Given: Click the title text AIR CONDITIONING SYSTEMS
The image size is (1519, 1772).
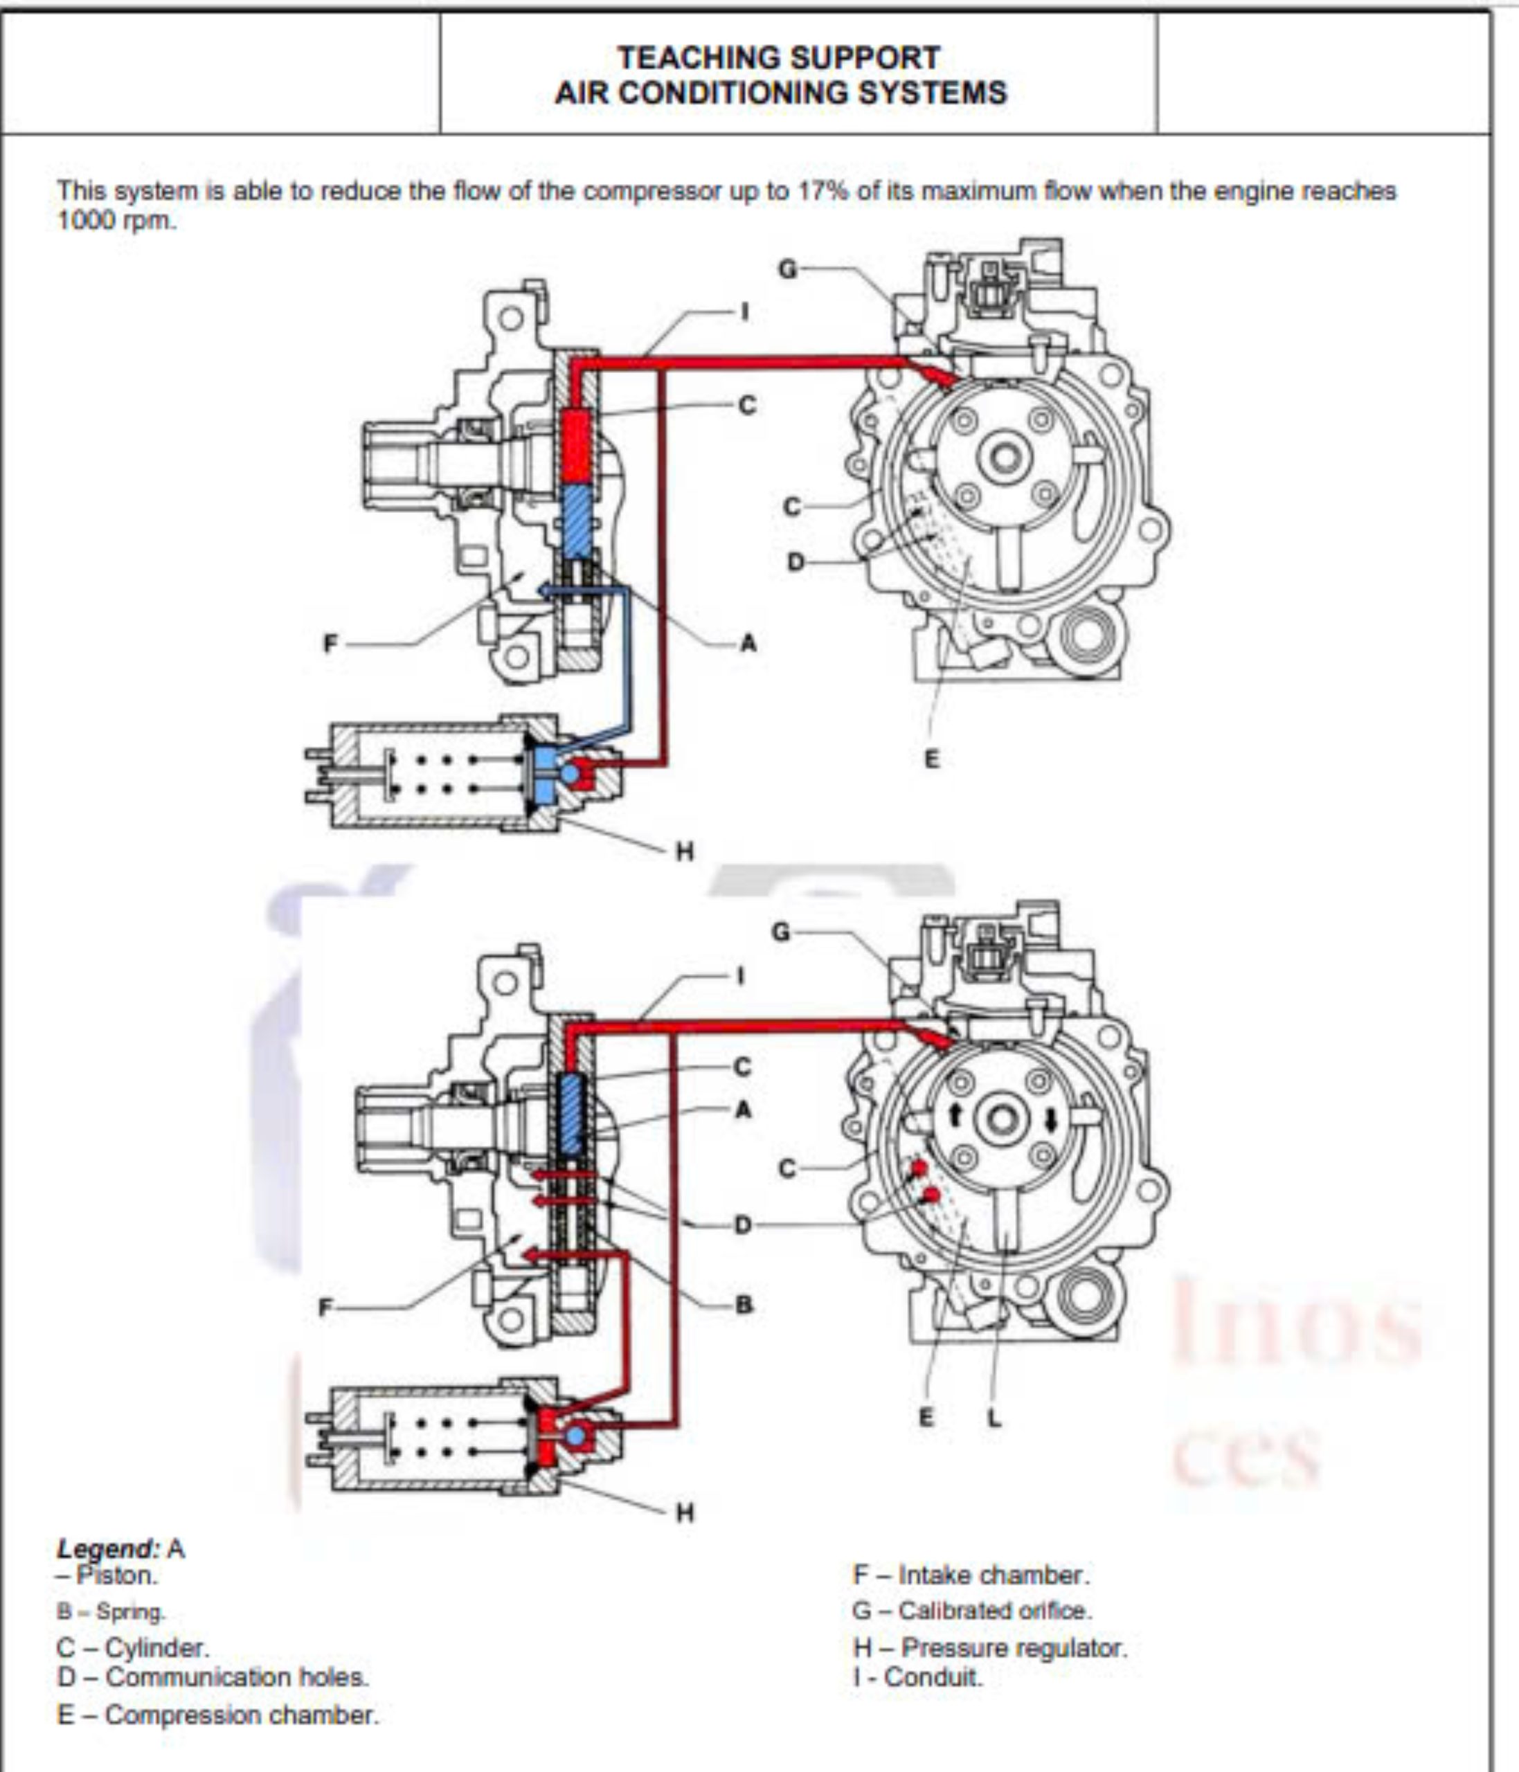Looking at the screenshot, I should [x=780, y=92].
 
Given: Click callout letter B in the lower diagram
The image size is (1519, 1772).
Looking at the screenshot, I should [x=744, y=1305].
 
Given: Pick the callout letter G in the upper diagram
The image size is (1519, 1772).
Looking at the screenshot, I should [x=787, y=269].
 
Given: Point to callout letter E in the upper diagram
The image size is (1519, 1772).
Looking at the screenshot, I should [x=931, y=758].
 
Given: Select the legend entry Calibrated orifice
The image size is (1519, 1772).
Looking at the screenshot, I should [x=971, y=1610].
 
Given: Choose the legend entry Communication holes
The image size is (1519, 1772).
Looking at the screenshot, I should [x=213, y=1676].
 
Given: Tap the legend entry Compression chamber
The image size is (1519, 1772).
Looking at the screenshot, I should [x=217, y=1715].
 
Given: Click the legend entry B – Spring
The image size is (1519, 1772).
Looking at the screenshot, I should [x=111, y=1612].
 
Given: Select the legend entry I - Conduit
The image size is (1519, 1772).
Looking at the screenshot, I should [x=918, y=1676].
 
